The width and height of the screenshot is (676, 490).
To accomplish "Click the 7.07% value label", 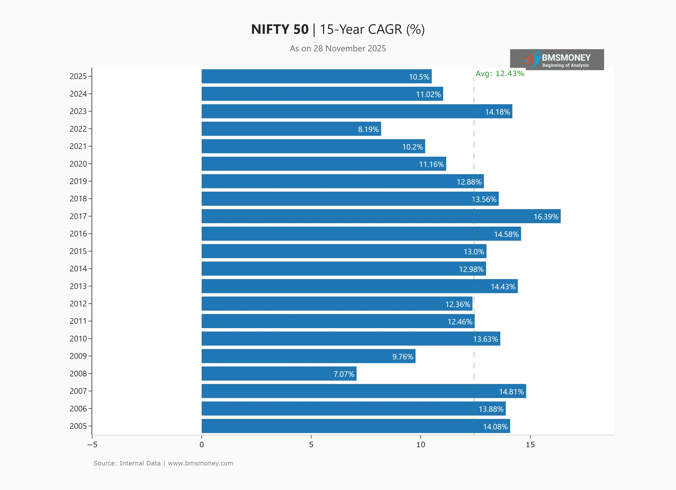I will (344, 374).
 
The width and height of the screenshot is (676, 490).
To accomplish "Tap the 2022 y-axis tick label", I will (78, 129).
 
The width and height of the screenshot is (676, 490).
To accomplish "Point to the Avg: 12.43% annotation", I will (500, 73).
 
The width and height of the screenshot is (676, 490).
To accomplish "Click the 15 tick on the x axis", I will (530, 445).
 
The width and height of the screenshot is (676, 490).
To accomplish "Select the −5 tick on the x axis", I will (92, 445).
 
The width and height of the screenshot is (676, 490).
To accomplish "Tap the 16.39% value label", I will (546, 217).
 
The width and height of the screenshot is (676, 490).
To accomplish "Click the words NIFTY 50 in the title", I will (280, 29).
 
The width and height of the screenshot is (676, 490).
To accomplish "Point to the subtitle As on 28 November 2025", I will (338, 49).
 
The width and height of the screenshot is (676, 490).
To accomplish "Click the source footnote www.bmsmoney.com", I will (200, 463).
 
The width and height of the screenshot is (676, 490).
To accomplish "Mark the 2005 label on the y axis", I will (78, 426).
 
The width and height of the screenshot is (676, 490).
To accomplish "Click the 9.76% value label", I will (403, 357).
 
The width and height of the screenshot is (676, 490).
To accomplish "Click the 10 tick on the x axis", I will (421, 445).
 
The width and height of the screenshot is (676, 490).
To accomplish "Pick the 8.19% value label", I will (368, 129).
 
